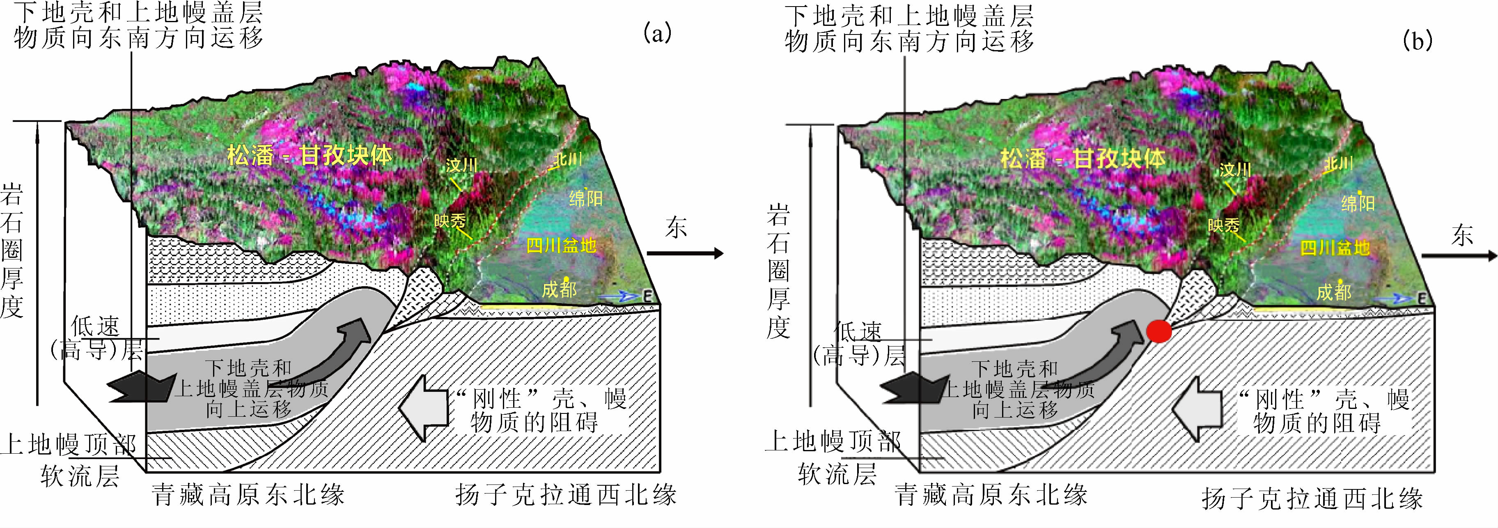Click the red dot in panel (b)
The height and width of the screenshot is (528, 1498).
tap(1158, 331)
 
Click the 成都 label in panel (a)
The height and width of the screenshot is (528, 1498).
tap(559, 289)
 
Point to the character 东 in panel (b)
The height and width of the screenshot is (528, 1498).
tap(1461, 236)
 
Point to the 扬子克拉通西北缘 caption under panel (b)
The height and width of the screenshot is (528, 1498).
tap(1312, 498)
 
